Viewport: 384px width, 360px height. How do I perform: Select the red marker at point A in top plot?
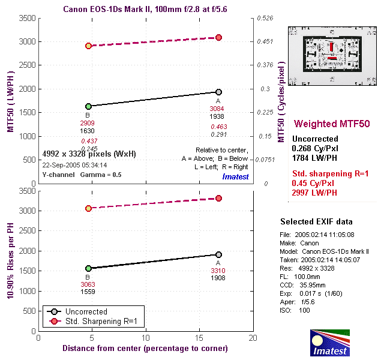[219, 37]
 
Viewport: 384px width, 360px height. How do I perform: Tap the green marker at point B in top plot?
[88, 106]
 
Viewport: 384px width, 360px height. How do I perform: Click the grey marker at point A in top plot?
[219, 92]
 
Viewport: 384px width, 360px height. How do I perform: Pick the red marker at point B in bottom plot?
[88, 208]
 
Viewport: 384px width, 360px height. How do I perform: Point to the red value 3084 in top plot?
[217, 109]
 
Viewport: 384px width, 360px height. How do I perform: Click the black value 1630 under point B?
[88, 131]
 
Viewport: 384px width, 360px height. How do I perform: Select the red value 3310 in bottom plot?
[217, 271]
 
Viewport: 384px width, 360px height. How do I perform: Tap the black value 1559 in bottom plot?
[88, 292]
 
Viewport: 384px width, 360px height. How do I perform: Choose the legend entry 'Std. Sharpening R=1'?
[102, 322]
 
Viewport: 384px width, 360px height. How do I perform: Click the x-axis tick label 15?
[199, 338]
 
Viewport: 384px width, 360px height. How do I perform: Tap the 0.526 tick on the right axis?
[265, 19]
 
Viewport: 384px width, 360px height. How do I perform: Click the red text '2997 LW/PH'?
[314, 193]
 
